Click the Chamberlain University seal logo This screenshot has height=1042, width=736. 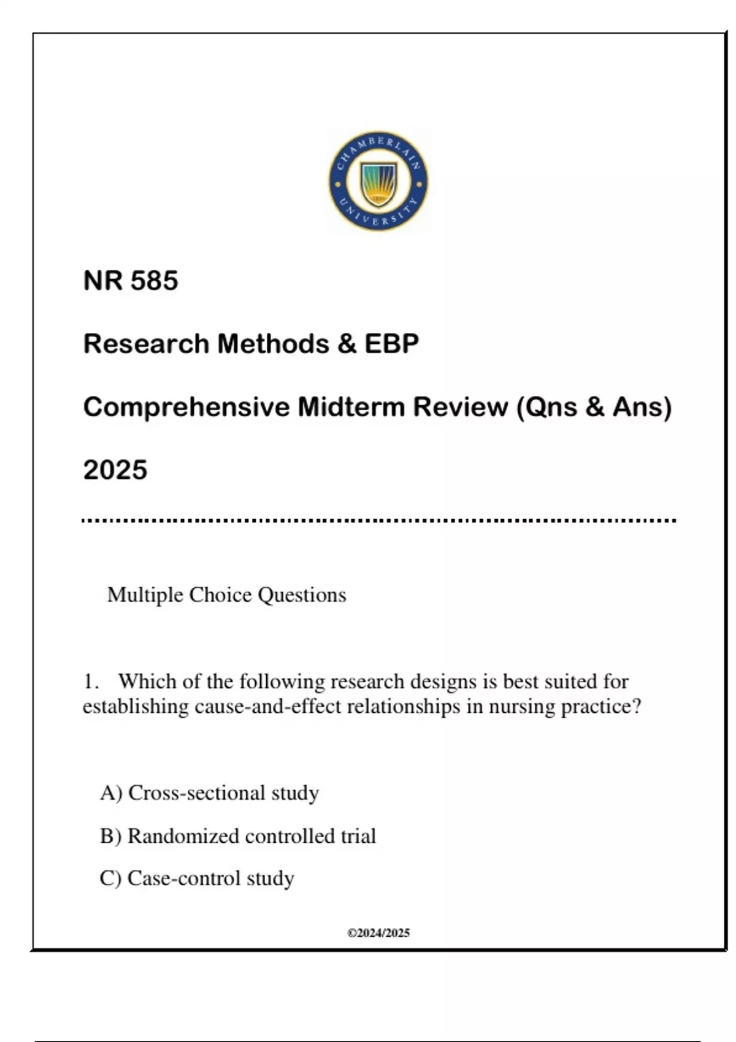tap(378, 181)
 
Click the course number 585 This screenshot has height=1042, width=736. tap(154, 281)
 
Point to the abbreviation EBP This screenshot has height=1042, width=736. tap(392, 344)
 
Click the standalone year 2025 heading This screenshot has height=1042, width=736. tap(115, 470)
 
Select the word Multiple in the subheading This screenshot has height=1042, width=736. tap(145, 595)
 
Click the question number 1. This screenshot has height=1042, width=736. tap(91, 682)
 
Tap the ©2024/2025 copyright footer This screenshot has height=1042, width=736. tap(378, 933)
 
